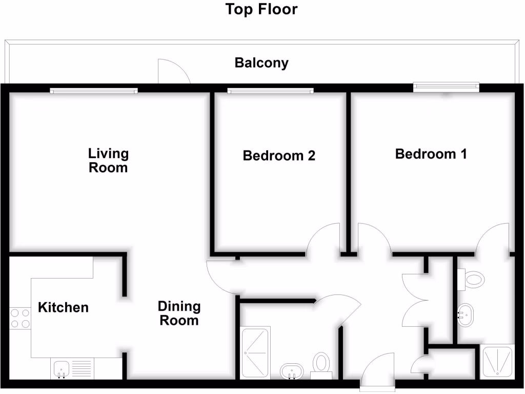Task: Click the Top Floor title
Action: tap(261, 9)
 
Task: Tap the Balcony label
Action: tap(261, 63)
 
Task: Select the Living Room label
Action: tap(108, 161)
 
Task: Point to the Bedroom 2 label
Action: tap(279, 155)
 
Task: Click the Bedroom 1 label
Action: tap(431, 154)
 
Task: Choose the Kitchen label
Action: tap(63, 307)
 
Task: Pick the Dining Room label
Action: tap(178, 313)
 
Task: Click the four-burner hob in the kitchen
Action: tap(20, 318)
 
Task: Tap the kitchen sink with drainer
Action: tap(71, 369)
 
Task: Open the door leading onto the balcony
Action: tap(173, 72)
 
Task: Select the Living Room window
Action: tap(94, 91)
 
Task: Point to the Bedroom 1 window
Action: tap(446, 87)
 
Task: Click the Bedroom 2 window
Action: tap(271, 91)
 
